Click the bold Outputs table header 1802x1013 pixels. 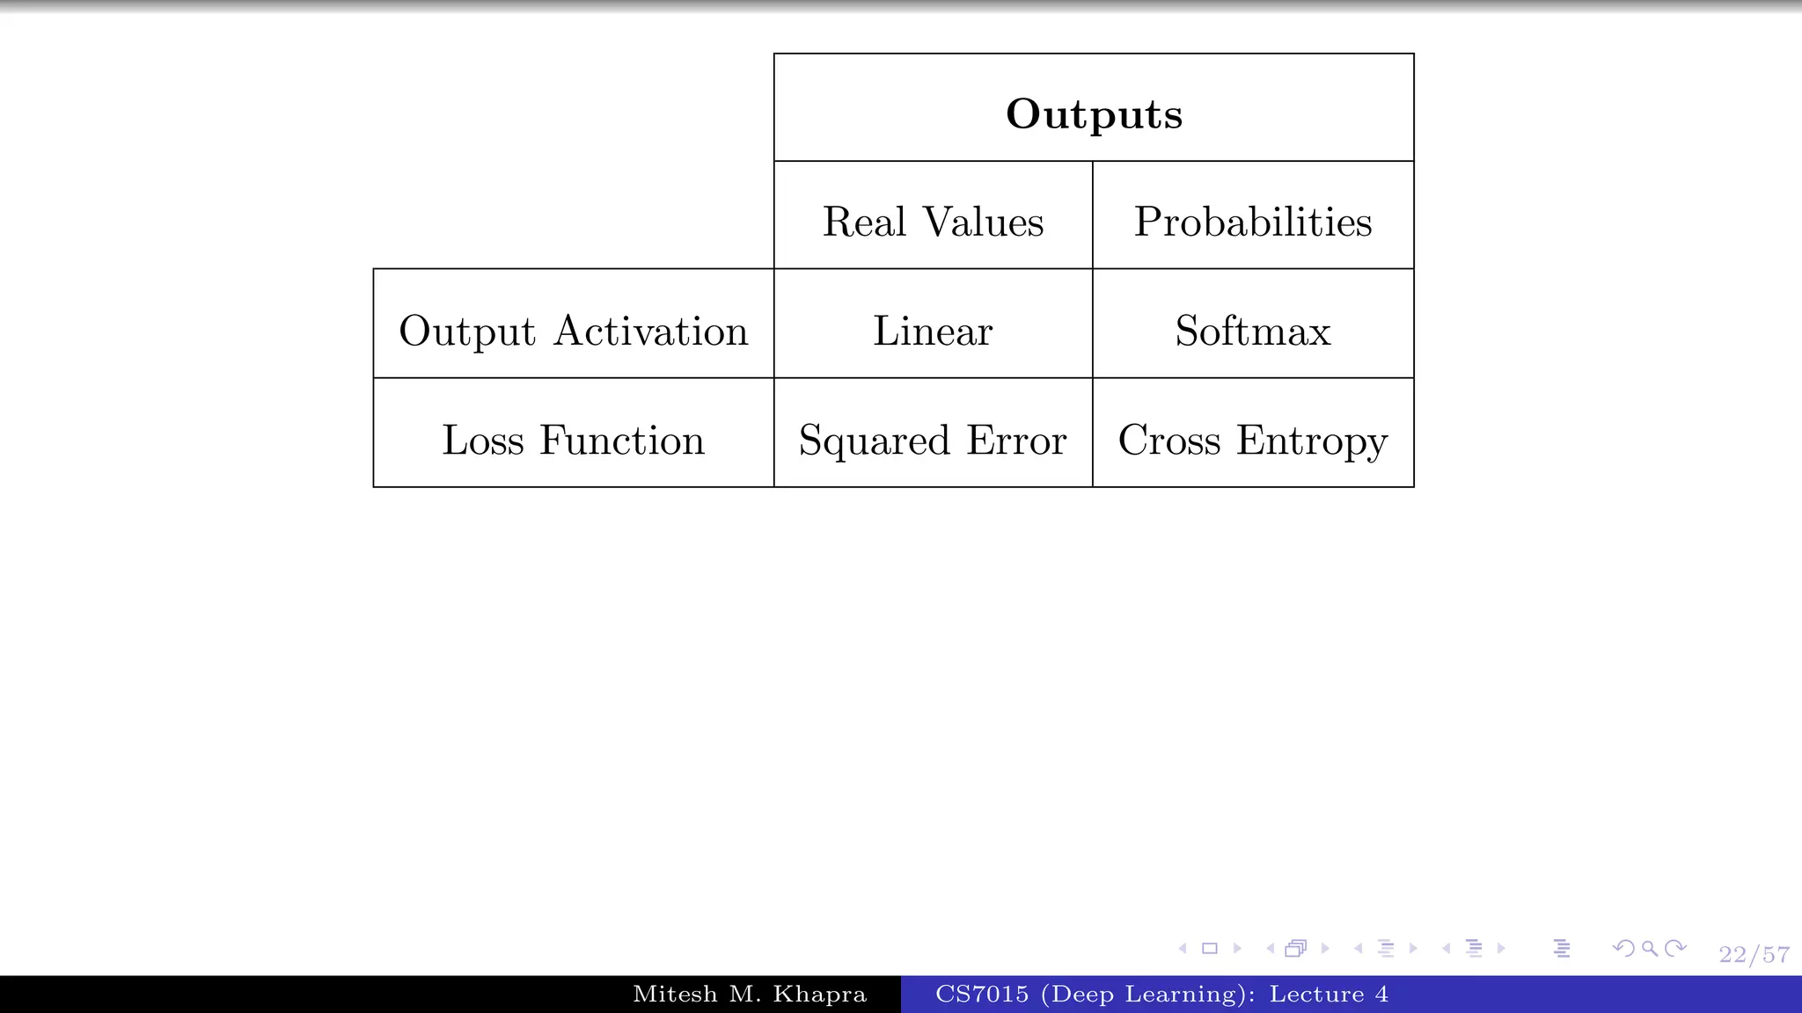click(x=1094, y=113)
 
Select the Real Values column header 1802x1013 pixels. click(x=933, y=222)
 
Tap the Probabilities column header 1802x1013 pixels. click(x=1253, y=222)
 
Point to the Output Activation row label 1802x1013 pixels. click(x=573, y=331)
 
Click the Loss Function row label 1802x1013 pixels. click(x=573, y=440)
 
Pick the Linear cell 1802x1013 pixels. click(x=933, y=331)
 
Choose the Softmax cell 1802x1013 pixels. click(x=1253, y=331)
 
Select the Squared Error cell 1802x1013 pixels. click(x=933, y=440)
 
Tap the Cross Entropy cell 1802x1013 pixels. click(x=1253, y=440)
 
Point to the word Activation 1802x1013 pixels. click(x=651, y=331)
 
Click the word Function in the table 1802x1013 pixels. click(x=622, y=440)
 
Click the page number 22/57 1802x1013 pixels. click(x=1754, y=955)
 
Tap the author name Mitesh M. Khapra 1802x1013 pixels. click(x=750, y=995)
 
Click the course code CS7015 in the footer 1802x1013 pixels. click(x=981, y=995)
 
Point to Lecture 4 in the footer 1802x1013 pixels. click(x=1329, y=995)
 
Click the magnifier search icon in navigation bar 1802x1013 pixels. click(x=1650, y=948)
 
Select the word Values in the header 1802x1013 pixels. click(x=983, y=222)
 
